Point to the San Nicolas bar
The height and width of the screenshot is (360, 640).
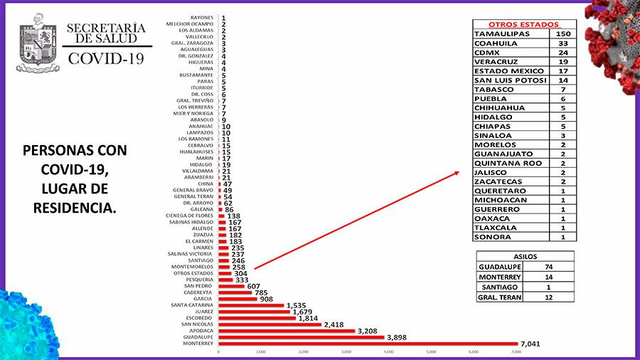click(x=270, y=324)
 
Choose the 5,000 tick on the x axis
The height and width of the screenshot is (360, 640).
click(x=432, y=352)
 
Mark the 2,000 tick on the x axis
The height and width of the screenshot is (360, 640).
click(x=304, y=352)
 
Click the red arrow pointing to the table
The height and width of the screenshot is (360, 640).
click(x=356, y=221)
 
